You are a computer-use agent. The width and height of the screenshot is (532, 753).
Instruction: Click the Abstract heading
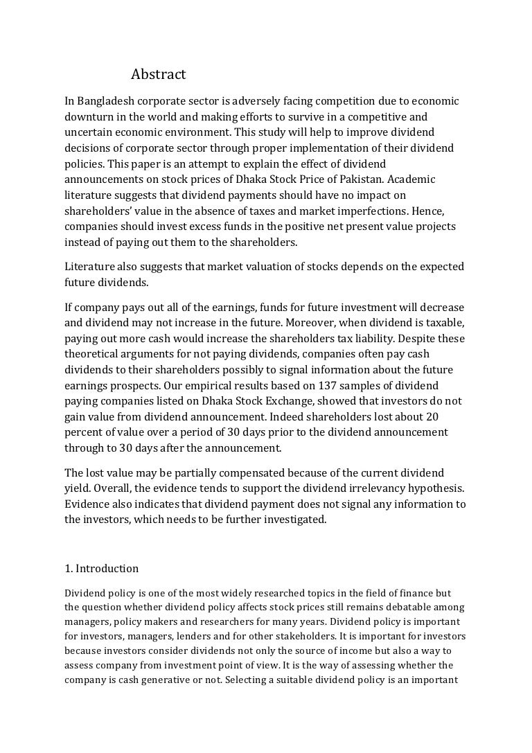159,74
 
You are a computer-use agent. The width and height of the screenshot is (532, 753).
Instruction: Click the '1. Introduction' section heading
101,569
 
